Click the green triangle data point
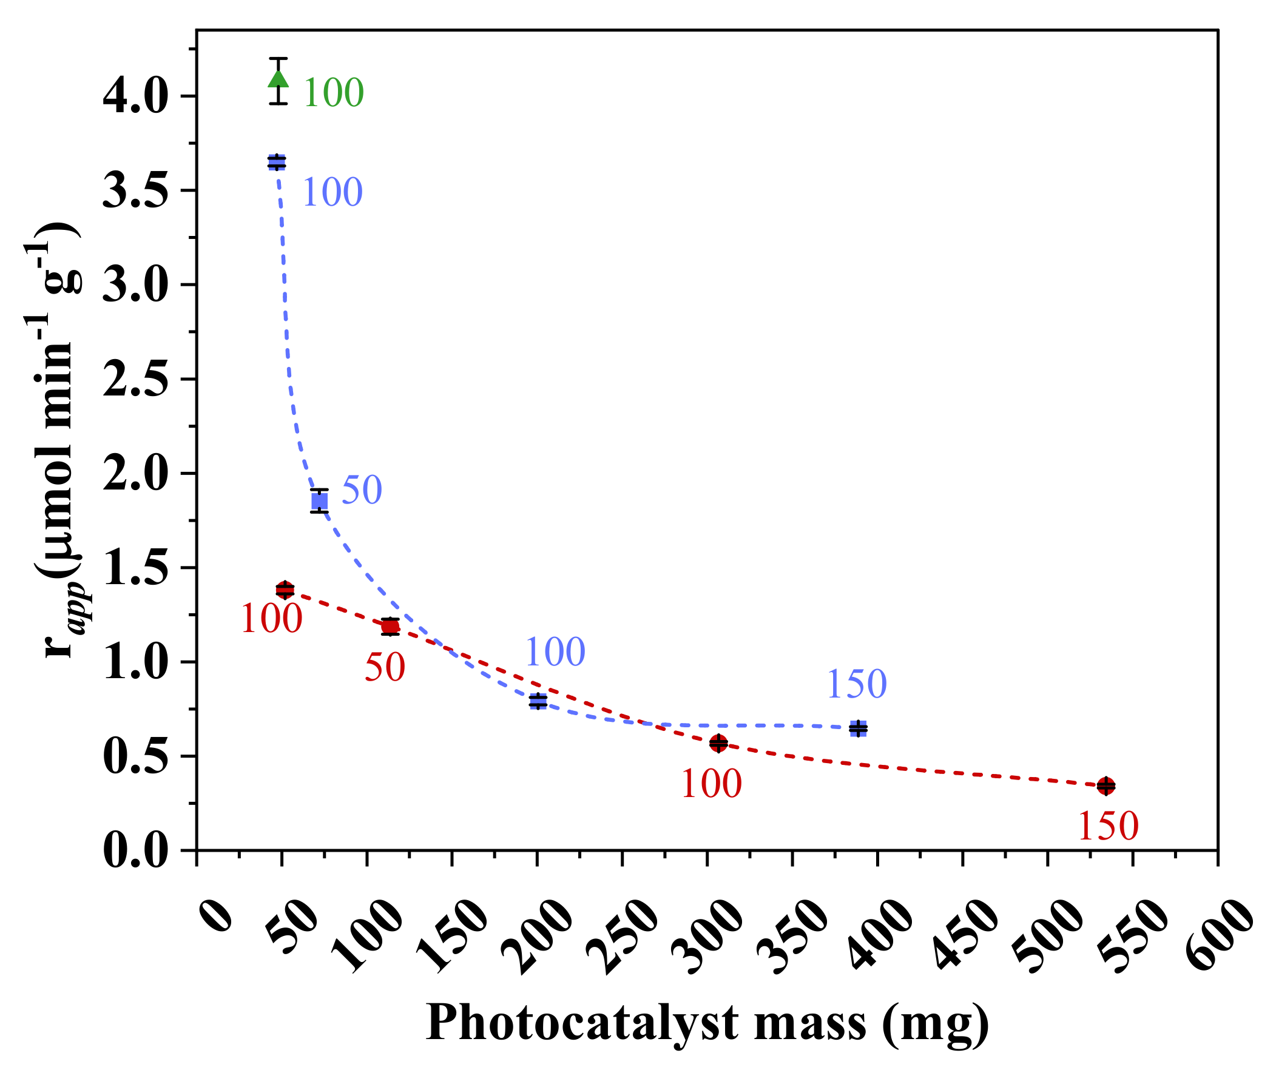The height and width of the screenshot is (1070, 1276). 278,79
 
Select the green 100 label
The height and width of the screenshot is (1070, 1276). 333,93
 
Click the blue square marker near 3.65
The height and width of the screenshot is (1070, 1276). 277,162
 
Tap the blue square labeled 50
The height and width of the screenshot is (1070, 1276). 320,500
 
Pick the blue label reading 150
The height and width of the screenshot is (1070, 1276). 857,684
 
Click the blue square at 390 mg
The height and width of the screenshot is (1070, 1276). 858,728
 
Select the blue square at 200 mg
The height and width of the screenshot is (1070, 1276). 538,701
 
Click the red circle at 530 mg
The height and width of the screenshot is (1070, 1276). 1106,786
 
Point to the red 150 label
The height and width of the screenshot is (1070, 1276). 1109,826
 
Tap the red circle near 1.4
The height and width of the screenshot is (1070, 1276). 285,590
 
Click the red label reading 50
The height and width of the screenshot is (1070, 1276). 385,667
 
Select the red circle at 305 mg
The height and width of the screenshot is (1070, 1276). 718,742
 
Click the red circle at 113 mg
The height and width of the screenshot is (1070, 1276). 390,627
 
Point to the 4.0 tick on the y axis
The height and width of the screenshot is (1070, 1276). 135,96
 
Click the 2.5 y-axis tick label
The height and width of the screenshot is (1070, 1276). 135,380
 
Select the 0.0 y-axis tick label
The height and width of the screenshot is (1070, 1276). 135,850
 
